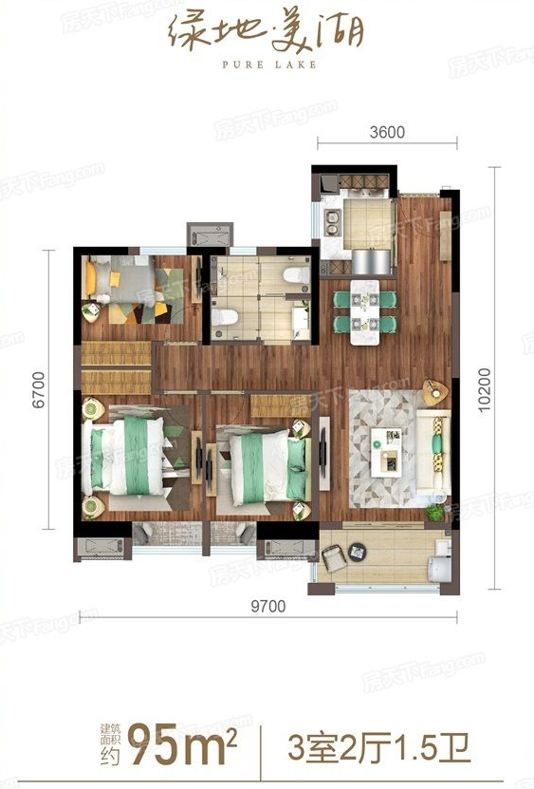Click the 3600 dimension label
point(387,132)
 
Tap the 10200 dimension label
point(485,389)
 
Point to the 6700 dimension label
point(39,389)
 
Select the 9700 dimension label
point(268,606)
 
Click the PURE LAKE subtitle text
point(269,65)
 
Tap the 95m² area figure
point(182,743)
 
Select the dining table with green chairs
point(365,313)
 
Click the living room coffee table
point(386,452)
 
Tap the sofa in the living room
point(433,450)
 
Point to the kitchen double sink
point(332,222)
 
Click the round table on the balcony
point(357,552)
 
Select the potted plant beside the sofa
point(434,513)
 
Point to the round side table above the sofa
point(435,392)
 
